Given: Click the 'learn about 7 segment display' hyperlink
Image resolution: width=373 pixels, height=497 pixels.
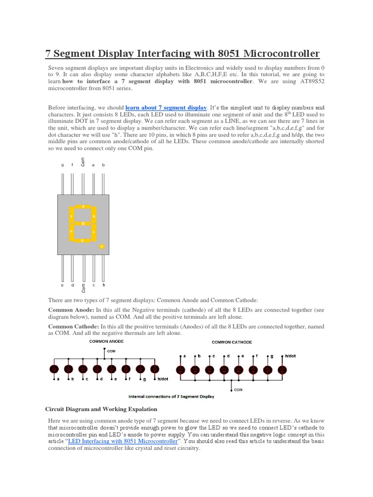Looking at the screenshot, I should [x=166, y=107].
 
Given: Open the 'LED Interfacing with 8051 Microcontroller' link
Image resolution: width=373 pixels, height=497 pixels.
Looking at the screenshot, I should [x=123, y=442].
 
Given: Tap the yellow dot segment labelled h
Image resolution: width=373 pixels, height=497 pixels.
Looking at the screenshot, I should [x=102, y=247].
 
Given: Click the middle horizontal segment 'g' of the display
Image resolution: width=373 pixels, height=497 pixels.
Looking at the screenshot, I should [x=83, y=223].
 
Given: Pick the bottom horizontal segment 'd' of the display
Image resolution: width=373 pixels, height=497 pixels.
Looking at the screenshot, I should [x=83, y=240].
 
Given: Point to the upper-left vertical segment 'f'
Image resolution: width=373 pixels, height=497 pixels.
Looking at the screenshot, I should [x=72, y=215].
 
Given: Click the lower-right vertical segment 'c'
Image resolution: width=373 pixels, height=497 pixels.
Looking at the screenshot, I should [x=94, y=232].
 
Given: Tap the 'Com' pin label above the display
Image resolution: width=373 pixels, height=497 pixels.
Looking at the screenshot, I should [x=83, y=164].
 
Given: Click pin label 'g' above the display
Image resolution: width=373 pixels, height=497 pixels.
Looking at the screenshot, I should [x=63, y=165].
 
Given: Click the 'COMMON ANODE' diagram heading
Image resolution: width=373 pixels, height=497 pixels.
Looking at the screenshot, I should [x=106, y=341].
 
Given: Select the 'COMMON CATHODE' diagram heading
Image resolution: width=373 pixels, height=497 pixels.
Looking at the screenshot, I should [x=232, y=342].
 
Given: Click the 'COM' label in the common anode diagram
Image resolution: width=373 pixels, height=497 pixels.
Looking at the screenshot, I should [x=111, y=350].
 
